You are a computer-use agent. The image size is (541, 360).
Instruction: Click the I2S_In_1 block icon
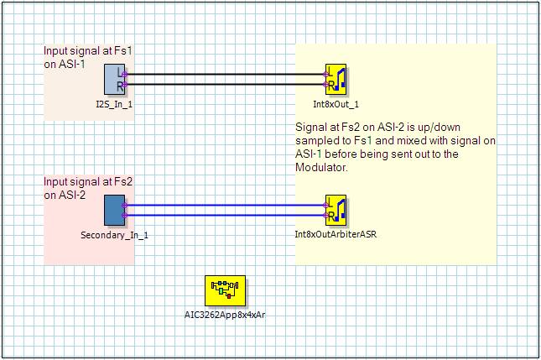115,79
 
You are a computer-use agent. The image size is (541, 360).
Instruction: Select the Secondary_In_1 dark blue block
115,210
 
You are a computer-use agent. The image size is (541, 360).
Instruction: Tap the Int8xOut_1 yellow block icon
336,79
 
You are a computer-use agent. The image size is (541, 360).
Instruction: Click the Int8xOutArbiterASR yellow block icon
336,210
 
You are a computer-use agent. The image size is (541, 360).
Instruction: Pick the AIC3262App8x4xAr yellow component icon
225,290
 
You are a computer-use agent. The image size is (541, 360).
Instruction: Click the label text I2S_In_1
114,104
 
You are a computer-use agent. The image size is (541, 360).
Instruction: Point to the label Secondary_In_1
114,236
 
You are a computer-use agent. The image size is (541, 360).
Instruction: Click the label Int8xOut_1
336,104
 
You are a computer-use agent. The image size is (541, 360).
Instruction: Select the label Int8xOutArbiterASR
336,234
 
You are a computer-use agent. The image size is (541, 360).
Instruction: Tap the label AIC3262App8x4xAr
225,315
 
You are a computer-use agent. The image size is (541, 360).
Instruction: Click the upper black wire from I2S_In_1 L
225,74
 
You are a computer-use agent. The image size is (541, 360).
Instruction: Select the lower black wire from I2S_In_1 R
225,84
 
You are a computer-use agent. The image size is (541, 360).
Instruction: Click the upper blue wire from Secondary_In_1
225,206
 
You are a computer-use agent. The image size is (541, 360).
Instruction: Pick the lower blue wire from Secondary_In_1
225,216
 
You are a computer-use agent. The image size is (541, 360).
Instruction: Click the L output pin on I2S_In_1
124,74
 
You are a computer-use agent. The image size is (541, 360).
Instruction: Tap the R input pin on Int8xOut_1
325,84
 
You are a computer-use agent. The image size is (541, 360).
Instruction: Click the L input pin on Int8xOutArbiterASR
325,206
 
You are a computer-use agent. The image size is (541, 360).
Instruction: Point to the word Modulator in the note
321,167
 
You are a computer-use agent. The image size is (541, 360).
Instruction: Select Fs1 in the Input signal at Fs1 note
123,50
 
